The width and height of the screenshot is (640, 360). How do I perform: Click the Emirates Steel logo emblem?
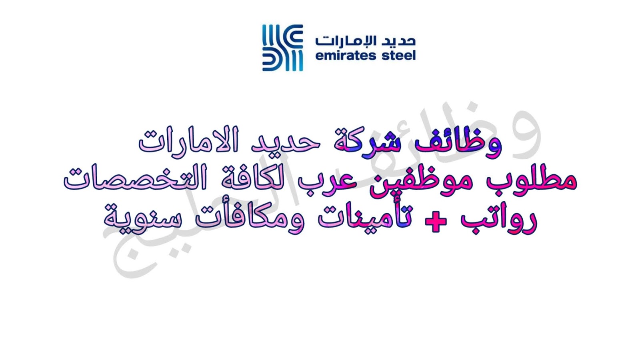282,48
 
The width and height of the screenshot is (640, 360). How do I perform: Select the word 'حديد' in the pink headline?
286,143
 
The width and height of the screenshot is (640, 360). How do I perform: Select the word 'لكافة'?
252,179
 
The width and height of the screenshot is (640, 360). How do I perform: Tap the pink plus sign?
436,221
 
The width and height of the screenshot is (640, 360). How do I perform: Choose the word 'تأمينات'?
366,218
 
